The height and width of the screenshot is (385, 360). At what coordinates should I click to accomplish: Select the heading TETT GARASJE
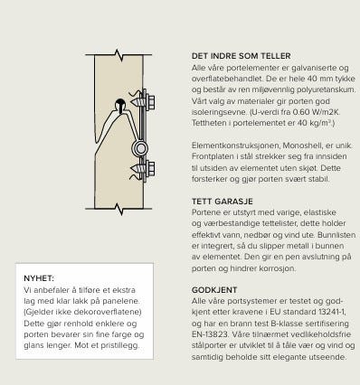tap(220, 201)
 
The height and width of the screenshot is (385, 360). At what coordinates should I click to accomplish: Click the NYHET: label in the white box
tap(40, 278)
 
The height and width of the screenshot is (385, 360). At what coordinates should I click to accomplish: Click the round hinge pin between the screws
tap(137, 146)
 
